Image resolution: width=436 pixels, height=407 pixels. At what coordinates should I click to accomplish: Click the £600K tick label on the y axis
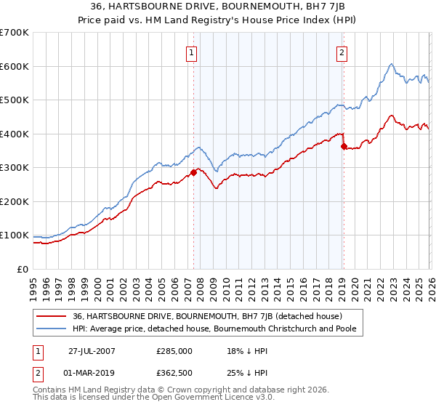pos(15,66)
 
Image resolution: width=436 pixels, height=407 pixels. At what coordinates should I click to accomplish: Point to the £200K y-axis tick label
pos(15,201)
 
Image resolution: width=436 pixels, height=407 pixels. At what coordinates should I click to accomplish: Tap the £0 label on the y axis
pos(23,269)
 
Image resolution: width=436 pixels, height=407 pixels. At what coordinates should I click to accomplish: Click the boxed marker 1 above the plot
pos(191,52)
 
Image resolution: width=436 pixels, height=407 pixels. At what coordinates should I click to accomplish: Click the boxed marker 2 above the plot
pos(342,52)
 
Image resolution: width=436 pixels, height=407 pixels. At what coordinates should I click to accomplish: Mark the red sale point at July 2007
pos(194,173)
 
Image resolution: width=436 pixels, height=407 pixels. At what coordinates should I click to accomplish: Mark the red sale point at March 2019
pos(344,147)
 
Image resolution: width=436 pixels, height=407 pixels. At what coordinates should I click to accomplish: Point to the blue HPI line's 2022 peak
pos(391,64)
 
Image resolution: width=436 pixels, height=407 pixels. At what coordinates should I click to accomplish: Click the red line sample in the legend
pos(52,316)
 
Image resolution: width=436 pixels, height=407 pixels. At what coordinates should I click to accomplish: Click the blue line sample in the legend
pos(52,329)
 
